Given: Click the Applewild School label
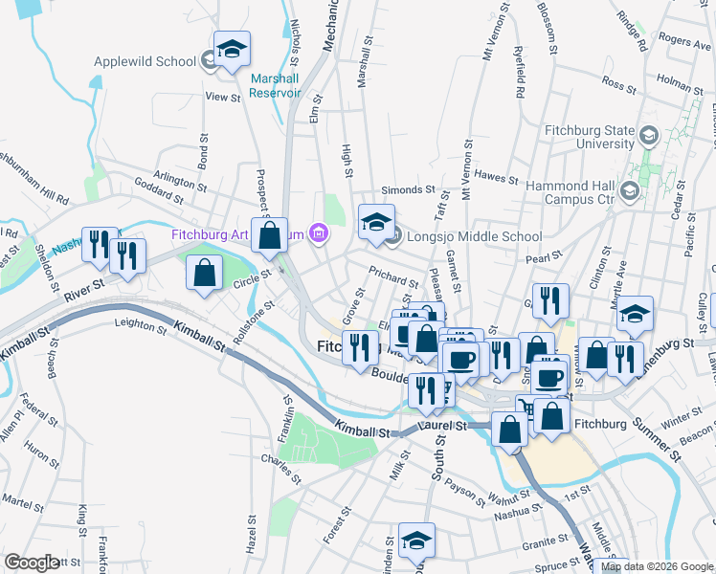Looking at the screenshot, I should click(145, 62).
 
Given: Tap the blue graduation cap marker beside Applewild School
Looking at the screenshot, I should click(232, 52).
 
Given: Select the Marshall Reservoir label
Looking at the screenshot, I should click(275, 85).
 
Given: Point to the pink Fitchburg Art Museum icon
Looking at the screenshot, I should click(319, 233).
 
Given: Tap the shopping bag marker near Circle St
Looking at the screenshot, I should click(205, 274).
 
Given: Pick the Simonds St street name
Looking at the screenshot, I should click(408, 190).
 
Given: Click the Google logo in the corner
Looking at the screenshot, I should click(32, 563).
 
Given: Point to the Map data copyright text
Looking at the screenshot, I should click(657, 567).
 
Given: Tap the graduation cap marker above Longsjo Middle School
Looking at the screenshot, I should click(376, 223).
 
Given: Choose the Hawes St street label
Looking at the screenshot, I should click(496, 178).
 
